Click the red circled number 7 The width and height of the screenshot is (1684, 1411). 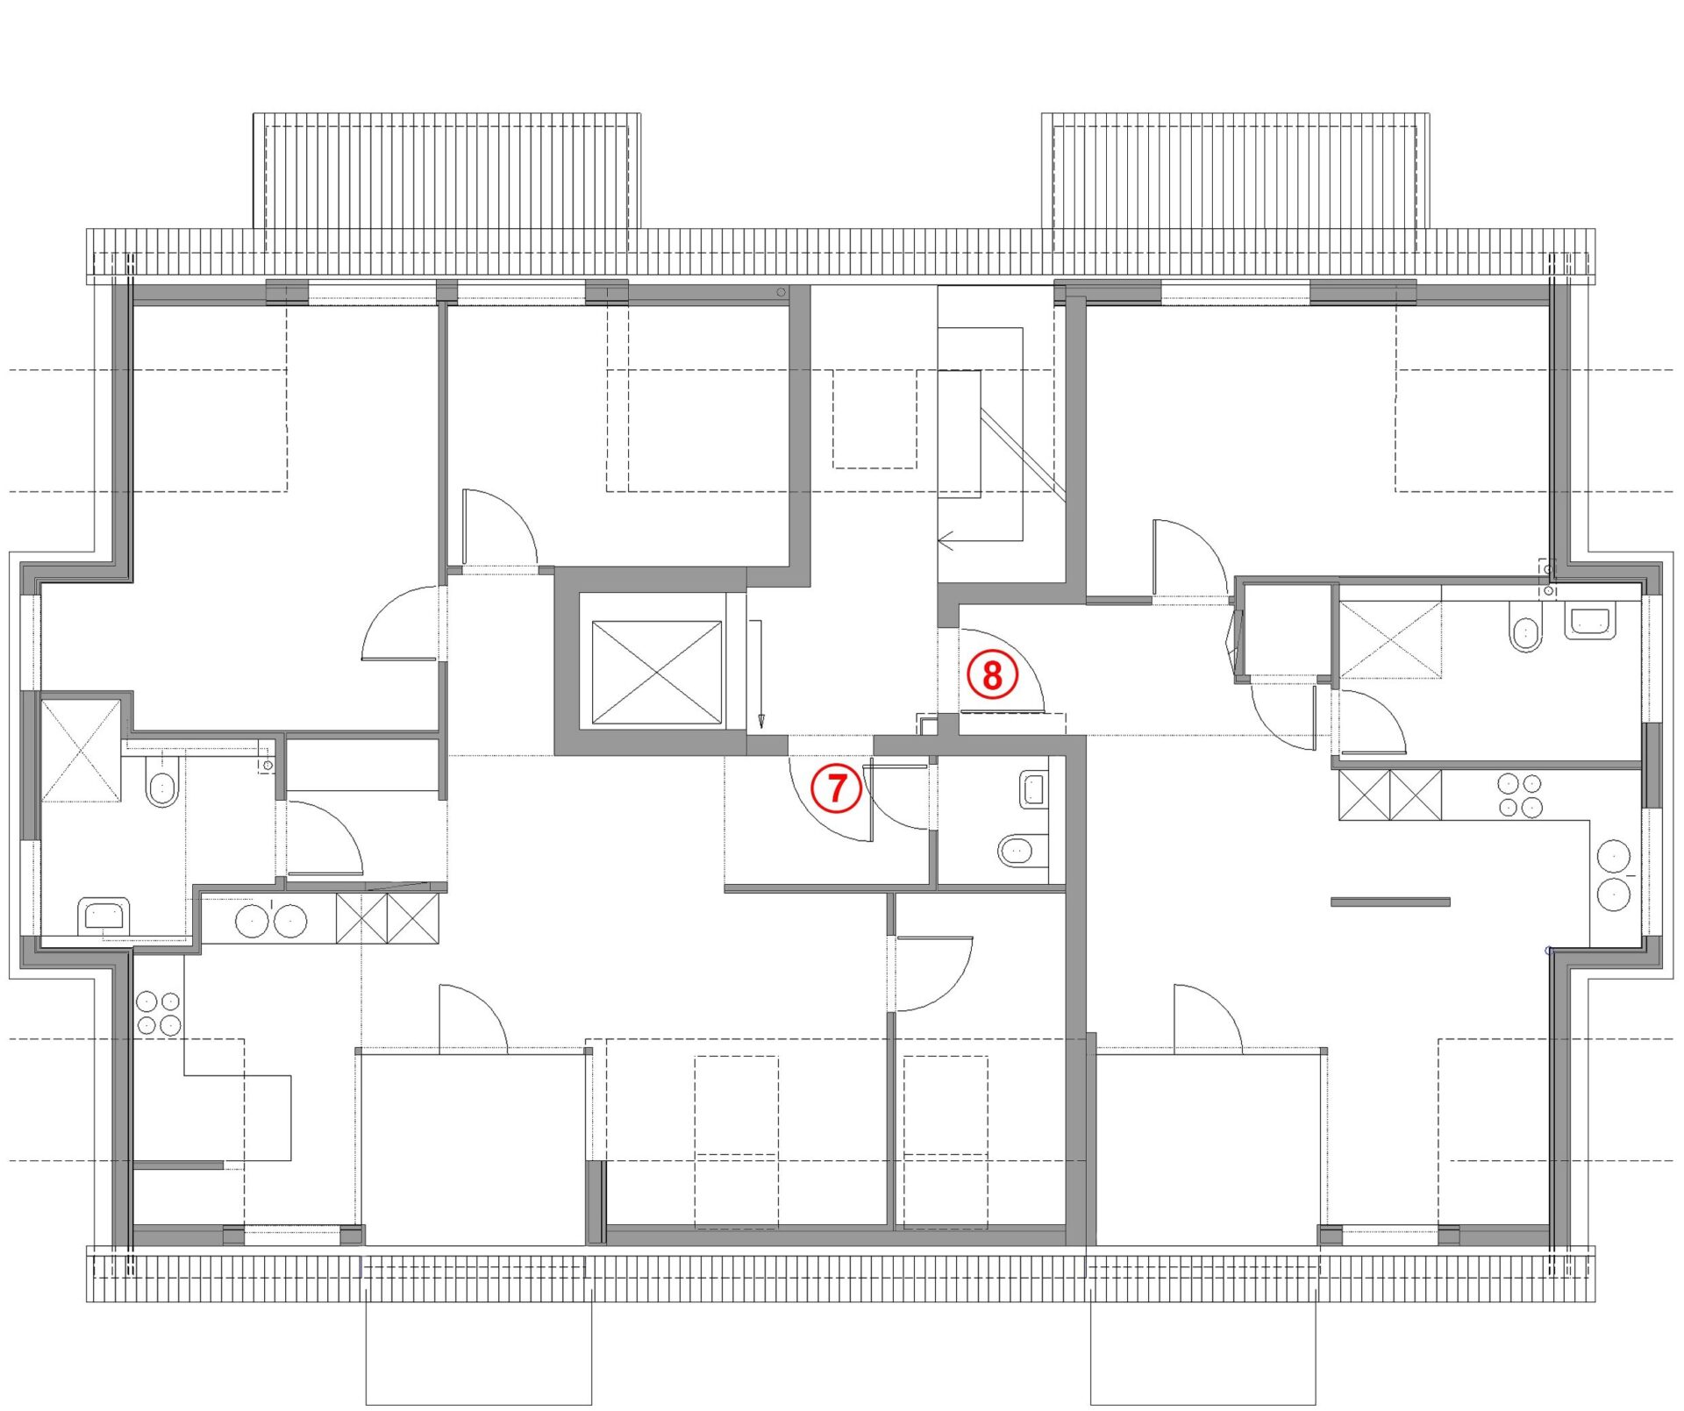tap(836, 787)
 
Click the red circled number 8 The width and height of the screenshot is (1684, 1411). tap(992, 675)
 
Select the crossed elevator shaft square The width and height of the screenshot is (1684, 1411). tap(657, 673)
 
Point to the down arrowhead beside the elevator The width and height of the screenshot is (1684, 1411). tap(760, 721)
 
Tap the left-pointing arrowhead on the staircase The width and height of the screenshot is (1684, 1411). tap(946, 540)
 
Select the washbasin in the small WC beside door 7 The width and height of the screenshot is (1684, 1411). tap(1035, 789)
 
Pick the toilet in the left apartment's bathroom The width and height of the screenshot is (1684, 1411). tap(162, 783)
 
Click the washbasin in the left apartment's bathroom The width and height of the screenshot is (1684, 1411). tap(104, 917)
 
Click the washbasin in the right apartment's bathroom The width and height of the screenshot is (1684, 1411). tap(1590, 621)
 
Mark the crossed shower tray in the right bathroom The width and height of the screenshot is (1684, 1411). tap(1390, 639)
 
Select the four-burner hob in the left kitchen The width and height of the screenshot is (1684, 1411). tap(159, 1013)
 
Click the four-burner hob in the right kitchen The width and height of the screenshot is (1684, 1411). tap(1520, 795)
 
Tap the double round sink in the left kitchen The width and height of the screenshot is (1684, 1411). tap(271, 921)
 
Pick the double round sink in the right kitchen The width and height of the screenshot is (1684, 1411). tap(1614, 874)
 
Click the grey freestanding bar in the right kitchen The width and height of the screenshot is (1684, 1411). tap(1390, 901)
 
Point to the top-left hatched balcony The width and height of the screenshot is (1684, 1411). tap(447, 170)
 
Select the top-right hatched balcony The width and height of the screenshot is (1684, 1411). tap(1235, 170)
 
